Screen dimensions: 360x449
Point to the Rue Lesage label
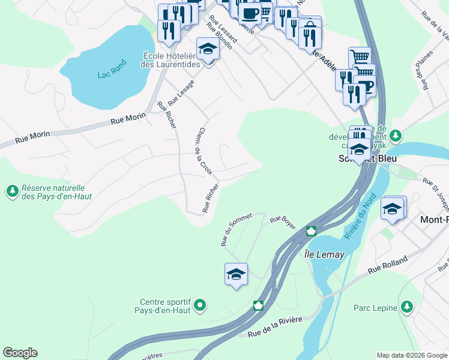(181, 91)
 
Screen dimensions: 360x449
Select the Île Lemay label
(324, 254)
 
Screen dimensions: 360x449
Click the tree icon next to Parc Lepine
(407, 307)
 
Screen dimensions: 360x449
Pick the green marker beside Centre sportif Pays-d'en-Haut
(200, 306)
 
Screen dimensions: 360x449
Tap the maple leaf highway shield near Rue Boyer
(311, 231)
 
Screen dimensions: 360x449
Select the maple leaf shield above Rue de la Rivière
(259, 305)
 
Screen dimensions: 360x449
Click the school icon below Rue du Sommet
(236, 274)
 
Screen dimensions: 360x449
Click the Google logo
(20, 353)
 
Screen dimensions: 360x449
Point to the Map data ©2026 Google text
(411, 355)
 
